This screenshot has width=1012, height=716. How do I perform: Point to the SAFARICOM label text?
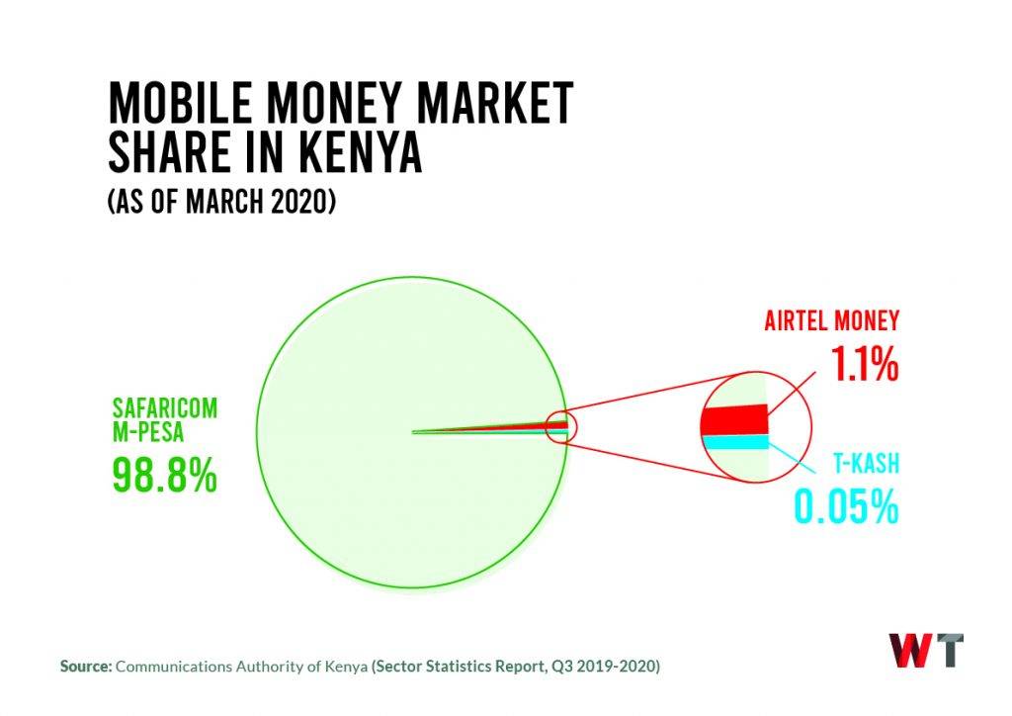coord(164,408)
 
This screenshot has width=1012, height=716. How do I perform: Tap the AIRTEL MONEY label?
coord(831,321)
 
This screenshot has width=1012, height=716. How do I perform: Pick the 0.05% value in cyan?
coord(845,507)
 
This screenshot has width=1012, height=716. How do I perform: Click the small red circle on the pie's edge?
coord(563,427)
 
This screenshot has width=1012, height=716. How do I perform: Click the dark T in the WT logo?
coord(947,651)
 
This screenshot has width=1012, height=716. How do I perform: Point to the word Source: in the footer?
coord(86,667)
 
